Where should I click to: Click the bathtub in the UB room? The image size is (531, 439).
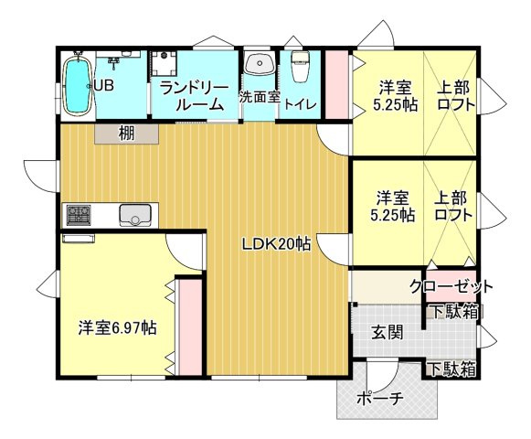pyautogui.click(x=79, y=86)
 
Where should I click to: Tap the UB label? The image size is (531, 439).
pyautogui.click(x=104, y=85)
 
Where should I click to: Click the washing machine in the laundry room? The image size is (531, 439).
pyautogui.click(x=165, y=63)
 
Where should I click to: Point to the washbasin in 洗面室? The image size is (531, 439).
pyautogui.click(x=260, y=63)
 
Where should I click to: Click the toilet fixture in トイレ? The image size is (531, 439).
pyautogui.click(x=300, y=67)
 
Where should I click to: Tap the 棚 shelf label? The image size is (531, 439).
pyautogui.click(x=127, y=134)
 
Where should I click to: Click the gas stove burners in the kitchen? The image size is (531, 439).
pyautogui.click(x=79, y=215)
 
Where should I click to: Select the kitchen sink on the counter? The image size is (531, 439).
pyautogui.click(x=135, y=215)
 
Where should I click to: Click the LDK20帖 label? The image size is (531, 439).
pyautogui.click(x=276, y=243)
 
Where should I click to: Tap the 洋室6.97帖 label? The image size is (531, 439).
pyautogui.click(x=117, y=327)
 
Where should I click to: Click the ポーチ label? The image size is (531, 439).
pyautogui.click(x=379, y=399)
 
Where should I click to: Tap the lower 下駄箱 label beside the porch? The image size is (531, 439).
pyautogui.click(x=452, y=369)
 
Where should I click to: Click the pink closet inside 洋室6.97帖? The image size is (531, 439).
pyautogui.click(x=190, y=327)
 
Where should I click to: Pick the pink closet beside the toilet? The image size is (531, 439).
pyautogui.click(x=337, y=85)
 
